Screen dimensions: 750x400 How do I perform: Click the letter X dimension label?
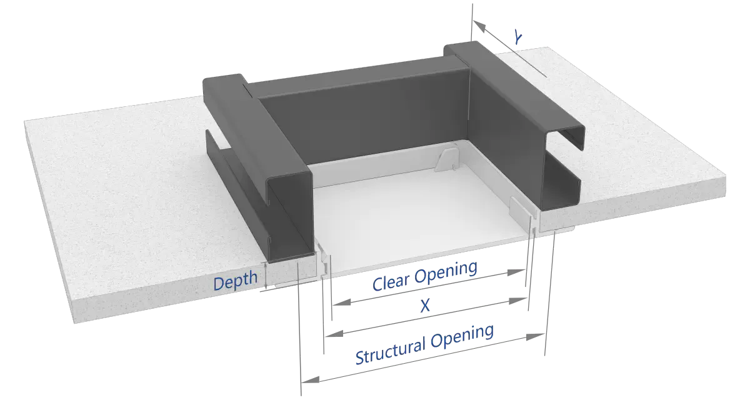[x=425, y=306]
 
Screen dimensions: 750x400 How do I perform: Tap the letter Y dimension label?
[x=518, y=37]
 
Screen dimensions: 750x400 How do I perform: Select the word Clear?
[x=391, y=281]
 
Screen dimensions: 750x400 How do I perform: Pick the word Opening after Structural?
[x=462, y=337]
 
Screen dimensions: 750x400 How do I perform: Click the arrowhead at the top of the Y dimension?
[x=479, y=26]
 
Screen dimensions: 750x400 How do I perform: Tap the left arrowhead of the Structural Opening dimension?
[x=310, y=379]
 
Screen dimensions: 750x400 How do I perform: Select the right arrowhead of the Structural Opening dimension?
[x=536, y=336]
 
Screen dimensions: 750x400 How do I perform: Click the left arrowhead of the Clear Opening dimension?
[x=342, y=302]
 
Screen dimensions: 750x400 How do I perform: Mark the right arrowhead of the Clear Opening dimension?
[x=516, y=272]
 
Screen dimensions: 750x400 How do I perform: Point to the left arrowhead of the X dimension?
[x=334, y=333]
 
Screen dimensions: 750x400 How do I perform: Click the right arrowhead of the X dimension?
[x=518, y=301]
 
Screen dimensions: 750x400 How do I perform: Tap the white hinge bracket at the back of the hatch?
[x=446, y=160]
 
